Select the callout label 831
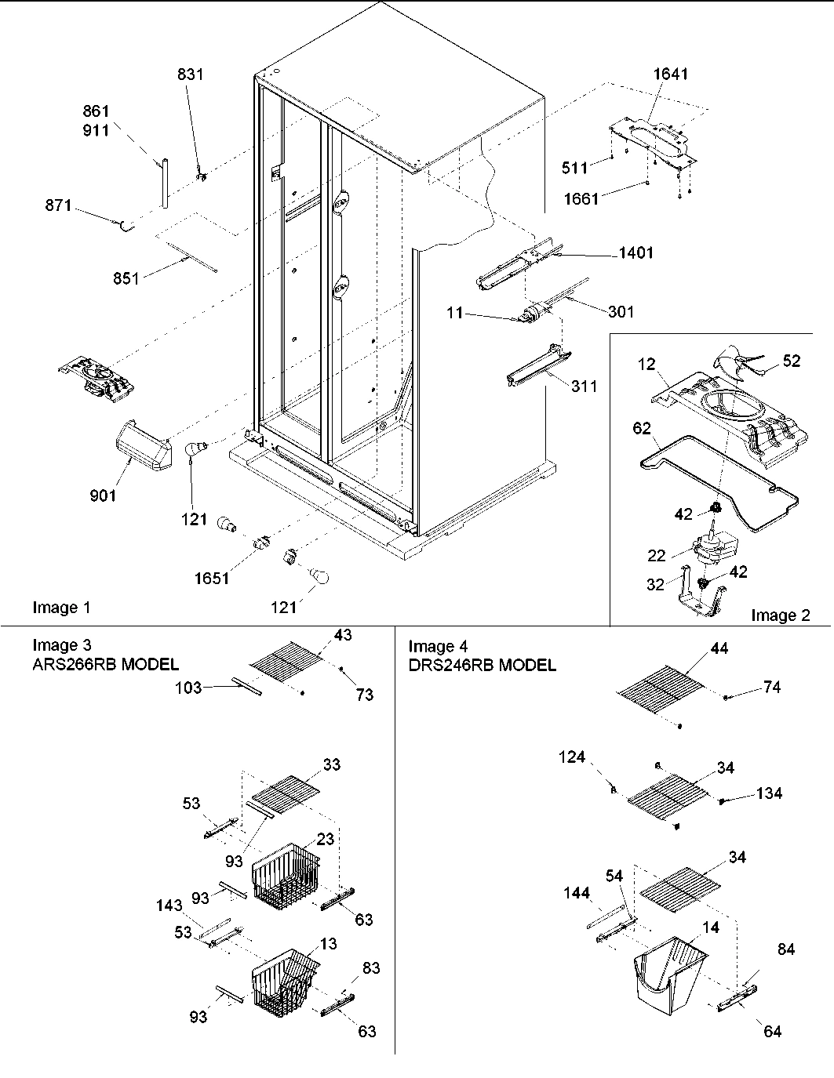(x=189, y=74)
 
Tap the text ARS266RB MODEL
(x=105, y=665)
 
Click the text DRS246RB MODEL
(x=482, y=665)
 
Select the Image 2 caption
(x=780, y=615)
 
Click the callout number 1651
(x=212, y=578)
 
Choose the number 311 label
(x=583, y=386)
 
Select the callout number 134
(x=769, y=793)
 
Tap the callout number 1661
(x=581, y=198)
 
